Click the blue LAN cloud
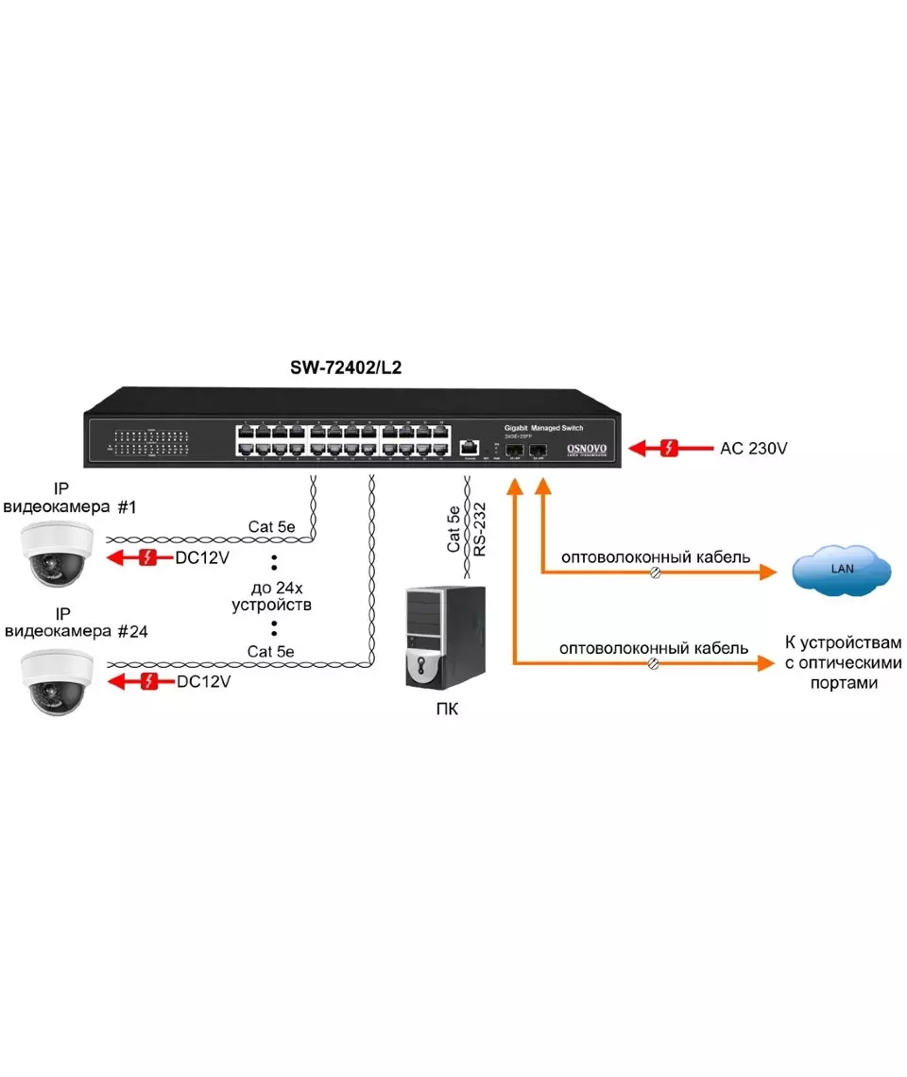pos(841,571)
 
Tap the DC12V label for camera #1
pos(202,558)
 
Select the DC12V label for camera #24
pos(202,680)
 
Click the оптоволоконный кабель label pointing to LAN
pos(656,557)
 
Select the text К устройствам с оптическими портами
pos(844,662)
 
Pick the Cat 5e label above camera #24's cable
pos(270,651)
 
